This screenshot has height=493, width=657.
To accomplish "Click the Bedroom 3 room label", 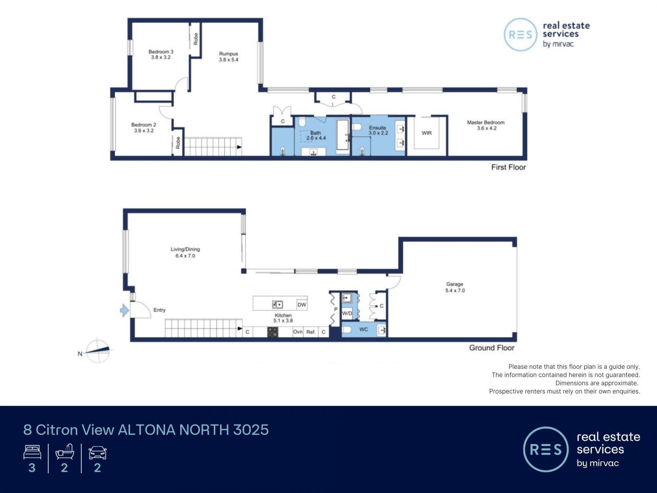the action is coord(161,54).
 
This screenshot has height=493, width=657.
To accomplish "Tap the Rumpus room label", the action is coord(229,56).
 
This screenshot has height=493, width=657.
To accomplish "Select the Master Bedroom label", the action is coord(486,125).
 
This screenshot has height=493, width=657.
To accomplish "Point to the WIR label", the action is coord(426,133).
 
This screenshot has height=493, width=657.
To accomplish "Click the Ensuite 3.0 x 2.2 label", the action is coord(378,130).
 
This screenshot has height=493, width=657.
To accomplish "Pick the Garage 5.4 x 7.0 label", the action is coord(455,287).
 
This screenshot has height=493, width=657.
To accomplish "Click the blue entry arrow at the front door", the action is coord(124,311).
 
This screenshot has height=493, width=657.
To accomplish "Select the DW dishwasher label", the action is coord(302,305).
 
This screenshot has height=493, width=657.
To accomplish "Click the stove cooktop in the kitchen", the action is coord(272,332).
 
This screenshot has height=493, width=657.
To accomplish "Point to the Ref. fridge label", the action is coord(311,332).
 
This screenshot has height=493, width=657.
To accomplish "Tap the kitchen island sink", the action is coord(278,304).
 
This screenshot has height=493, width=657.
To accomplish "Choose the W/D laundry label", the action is coord(347,313).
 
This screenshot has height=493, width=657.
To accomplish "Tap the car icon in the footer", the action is coord(98,452).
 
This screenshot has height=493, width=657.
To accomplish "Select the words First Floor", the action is coord(508,167).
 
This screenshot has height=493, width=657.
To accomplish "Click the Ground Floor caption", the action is coord(492,348).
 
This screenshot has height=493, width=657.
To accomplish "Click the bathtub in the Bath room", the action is coord(343,135).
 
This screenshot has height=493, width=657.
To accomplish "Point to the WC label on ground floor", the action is coord(363,329).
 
